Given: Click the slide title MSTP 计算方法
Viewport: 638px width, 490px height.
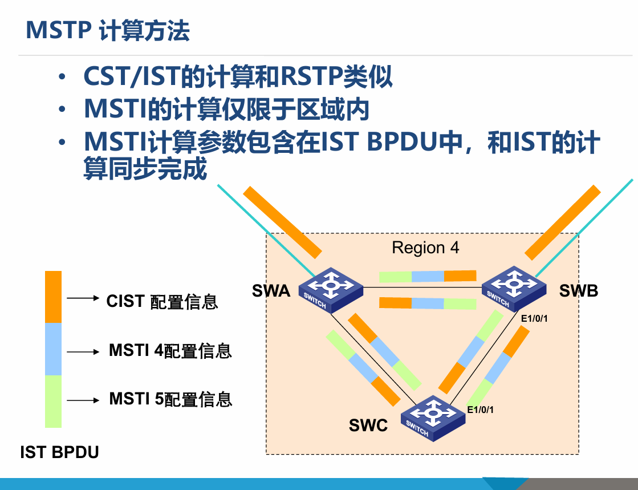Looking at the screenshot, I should (107, 31).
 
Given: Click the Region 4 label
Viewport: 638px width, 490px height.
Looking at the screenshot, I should (425, 248).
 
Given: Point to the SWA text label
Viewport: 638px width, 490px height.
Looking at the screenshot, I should (271, 291).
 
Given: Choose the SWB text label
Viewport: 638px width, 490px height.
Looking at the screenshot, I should (578, 291).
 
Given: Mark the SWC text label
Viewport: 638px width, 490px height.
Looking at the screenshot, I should (368, 425).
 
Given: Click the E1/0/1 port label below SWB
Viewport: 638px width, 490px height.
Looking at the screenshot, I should (534, 318).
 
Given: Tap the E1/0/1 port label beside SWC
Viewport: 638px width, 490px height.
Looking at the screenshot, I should (480, 410).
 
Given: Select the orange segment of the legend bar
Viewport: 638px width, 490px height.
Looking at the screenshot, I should (53, 297).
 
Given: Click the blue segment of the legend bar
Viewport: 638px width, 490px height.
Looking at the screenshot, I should (53, 349).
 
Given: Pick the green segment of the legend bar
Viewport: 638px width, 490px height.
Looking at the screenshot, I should (53, 400).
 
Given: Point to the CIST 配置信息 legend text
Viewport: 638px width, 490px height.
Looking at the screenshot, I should (162, 301).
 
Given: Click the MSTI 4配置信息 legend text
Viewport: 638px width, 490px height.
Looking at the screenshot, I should (170, 350).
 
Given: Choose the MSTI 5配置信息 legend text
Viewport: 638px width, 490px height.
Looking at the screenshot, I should (170, 399).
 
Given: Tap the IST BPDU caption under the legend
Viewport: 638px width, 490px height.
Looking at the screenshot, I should (59, 452).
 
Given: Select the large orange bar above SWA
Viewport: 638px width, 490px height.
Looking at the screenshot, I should (282, 221).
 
